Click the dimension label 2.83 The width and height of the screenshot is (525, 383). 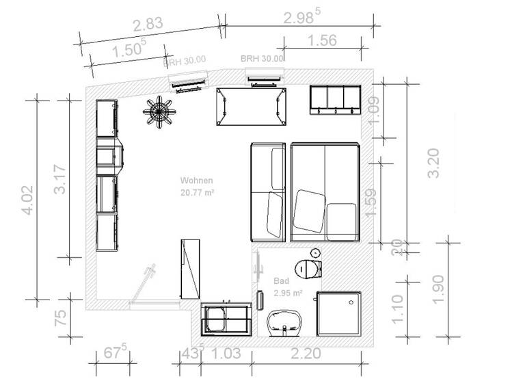pos(148,25)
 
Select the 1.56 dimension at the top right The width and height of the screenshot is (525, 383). pos(323,41)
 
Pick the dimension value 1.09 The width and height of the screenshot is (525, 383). pos(374,110)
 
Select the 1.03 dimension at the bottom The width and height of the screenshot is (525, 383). pos(225,354)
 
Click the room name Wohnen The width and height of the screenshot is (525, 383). pos(197,181)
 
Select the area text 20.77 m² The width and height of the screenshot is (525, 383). pos(198,193)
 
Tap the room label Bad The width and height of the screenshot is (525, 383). pos(282,281)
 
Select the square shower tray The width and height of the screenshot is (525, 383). pos(339,313)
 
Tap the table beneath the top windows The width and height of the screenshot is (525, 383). pos(250,107)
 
